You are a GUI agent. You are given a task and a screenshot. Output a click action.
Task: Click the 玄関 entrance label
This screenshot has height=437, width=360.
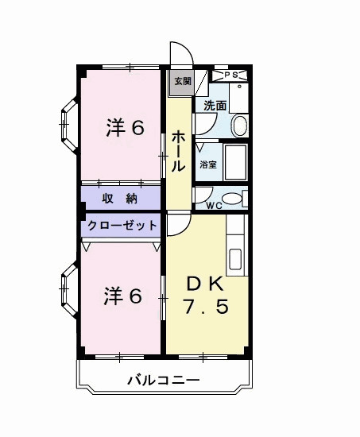point(183,80)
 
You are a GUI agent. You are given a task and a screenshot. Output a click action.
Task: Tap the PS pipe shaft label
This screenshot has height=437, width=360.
point(232,75)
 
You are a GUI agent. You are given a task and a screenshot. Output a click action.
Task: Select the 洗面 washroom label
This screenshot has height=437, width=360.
point(215,105)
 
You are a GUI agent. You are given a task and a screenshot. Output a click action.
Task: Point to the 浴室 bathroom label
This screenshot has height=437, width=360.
point(208,165)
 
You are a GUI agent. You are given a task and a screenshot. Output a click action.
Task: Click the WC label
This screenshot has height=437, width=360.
point(214,205)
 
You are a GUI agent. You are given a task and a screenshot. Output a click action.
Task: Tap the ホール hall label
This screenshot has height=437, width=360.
point(179,151)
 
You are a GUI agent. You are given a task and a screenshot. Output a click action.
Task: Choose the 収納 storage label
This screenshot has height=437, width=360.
point(121,198)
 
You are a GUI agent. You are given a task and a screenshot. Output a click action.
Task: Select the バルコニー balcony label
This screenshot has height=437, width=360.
point(163,381)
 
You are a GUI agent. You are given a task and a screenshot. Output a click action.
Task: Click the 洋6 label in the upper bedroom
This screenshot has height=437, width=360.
point(125,128)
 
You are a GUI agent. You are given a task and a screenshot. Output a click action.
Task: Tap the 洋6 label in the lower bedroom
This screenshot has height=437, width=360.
point(123,296)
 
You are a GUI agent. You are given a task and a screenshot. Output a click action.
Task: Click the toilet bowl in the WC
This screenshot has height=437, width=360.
point(230,199)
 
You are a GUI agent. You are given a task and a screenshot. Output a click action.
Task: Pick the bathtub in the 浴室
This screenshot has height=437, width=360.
point(235,162)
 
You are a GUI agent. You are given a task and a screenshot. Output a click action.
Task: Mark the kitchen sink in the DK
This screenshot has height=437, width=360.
point(236,259)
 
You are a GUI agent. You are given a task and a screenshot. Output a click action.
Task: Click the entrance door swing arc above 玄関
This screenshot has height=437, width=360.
point(180,54)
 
